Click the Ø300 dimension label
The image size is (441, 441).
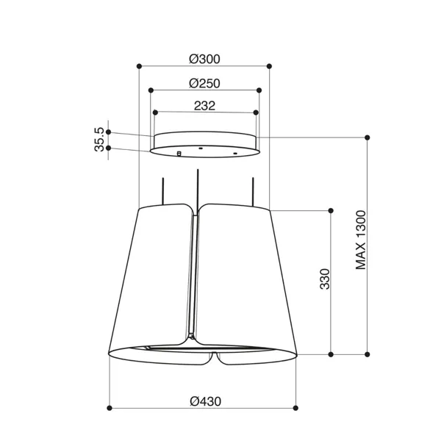204,59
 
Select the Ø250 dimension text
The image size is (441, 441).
204,83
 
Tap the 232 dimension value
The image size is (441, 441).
205,106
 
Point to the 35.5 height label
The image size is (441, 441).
99,140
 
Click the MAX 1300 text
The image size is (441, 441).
361,240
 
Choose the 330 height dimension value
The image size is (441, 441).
325,279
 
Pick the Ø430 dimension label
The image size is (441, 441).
205,401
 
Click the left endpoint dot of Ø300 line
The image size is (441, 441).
139,66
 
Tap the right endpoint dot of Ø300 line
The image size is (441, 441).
269,66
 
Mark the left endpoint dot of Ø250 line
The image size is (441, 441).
151,90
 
